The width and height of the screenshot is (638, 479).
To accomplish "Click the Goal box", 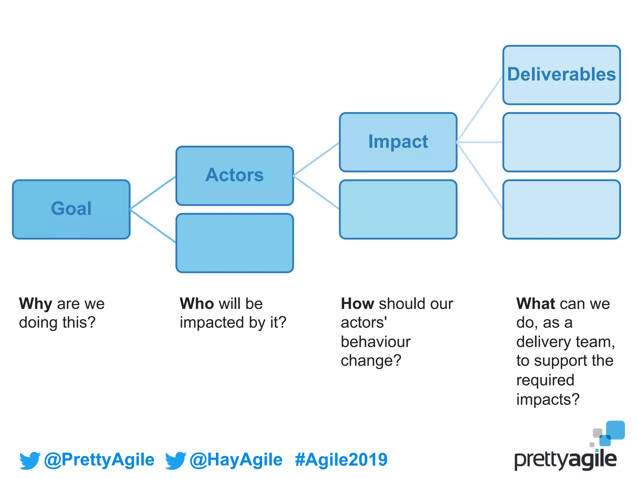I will (x=71, y=209).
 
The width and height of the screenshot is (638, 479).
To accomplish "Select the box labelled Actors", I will (x=235, y=176).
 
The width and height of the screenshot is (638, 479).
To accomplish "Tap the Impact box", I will (x=398, y=142).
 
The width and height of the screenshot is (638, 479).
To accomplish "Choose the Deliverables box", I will (x=561, y=75).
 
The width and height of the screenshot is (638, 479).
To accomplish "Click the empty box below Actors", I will (x=235, y=243).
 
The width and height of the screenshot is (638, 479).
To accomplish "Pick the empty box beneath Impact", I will (x=398, y=209).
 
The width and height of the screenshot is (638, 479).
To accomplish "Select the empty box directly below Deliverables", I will (x=561, y=142).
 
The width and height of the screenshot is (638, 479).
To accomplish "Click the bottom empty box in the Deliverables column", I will (x=561, y=209).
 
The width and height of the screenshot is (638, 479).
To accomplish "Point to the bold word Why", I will (x=36, y=304).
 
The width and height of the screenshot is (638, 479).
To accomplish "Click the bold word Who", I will (x=197, y=304).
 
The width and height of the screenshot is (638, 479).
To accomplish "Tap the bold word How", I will (x=357, y=304).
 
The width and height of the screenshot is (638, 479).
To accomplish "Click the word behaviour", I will (x=375, y=342).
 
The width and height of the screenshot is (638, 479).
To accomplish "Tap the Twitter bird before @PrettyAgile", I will (x=30, y=460).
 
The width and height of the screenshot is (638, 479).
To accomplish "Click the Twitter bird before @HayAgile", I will (x=175, y=460).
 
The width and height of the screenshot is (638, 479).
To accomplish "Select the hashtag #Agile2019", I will (x=341, y=460).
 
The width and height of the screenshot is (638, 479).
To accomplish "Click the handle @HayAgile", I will (x=236, y=460).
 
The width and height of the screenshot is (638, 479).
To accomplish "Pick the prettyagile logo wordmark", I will (x=565, y=460).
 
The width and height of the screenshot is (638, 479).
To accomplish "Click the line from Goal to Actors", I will (x=153, y=193).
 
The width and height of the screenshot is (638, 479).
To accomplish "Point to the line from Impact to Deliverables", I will (x=480, y=109).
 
